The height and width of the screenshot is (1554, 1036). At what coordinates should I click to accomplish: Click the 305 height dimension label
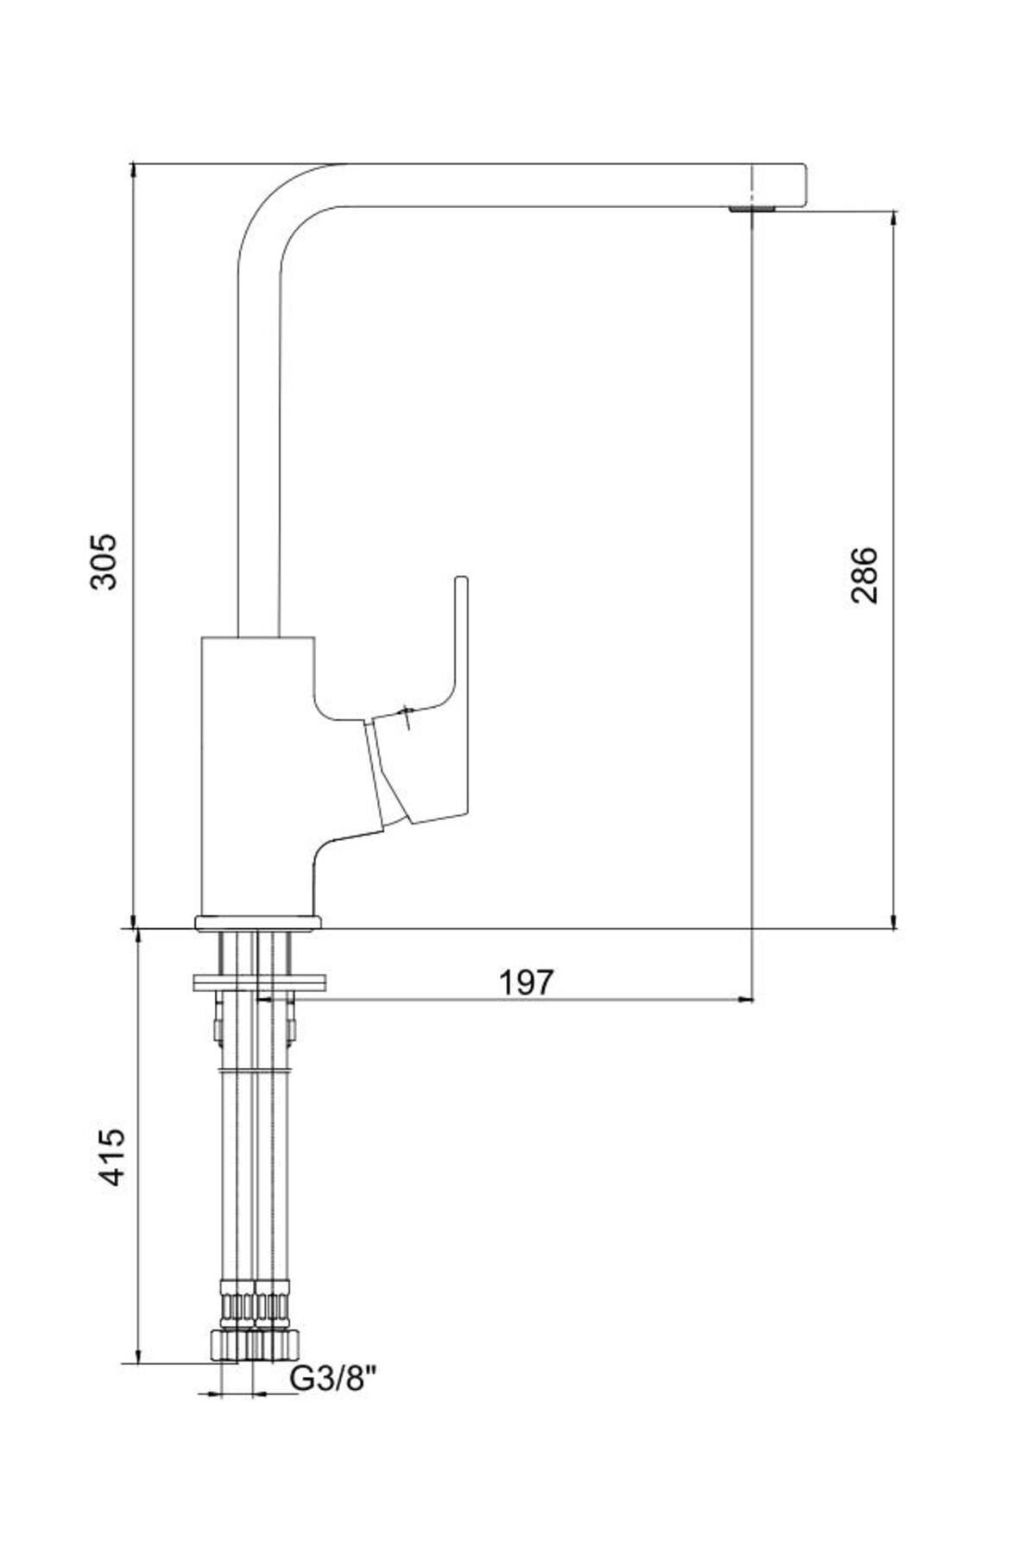pos(104,561)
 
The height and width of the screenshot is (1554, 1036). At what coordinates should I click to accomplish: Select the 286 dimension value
pos(863,575)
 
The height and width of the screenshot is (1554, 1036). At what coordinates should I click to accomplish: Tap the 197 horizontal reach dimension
pos(526,982)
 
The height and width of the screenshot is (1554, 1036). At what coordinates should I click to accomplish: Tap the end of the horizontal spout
pos(803,185)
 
